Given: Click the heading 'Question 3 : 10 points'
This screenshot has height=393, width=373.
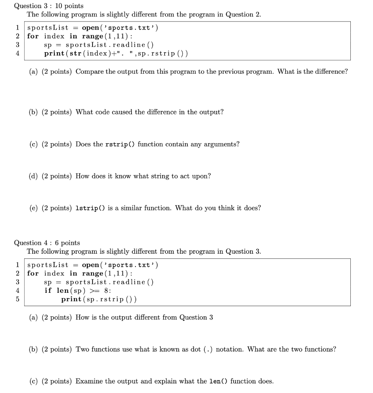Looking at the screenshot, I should pyautogui.click(x=48, y=6).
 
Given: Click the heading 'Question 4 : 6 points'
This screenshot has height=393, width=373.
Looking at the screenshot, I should pyautogui.click(x=47, y=243).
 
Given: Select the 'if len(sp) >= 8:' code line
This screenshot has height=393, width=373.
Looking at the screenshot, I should pyautogui.click(x=78, y=291).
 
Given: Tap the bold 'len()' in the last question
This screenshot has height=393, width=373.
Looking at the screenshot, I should pyautogui.click(x=218, y=381).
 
